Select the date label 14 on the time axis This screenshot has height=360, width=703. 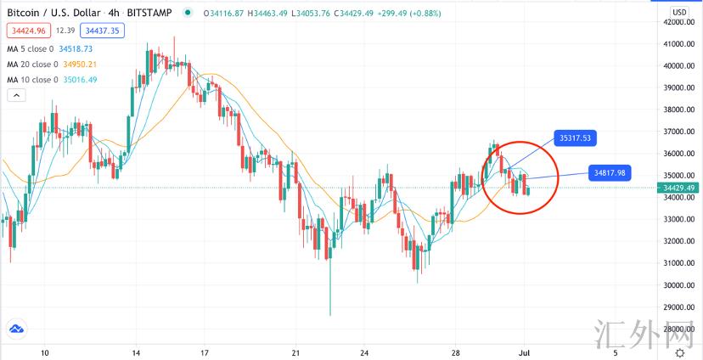(x=136, y=352)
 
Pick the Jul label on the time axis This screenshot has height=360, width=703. (x=526, y=352)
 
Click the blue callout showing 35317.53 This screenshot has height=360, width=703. (x=574, y=137)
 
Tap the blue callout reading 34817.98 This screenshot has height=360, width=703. (x=610, y=172)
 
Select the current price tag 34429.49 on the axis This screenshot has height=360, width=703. (x=679, y=188)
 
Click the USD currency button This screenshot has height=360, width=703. (x=679, y=12)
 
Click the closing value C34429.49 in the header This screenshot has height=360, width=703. (x=363, y=13)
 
